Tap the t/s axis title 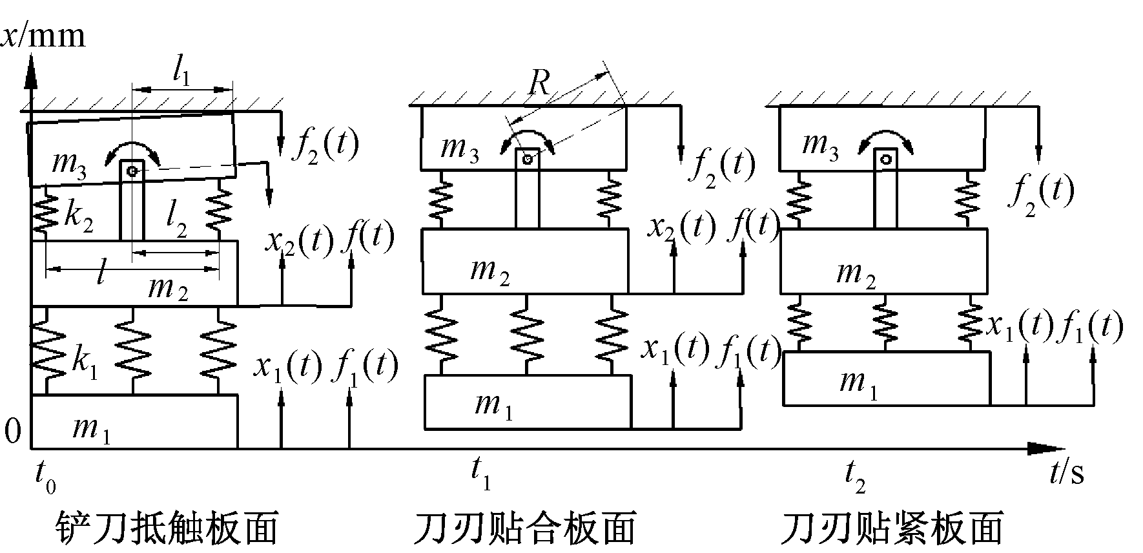pos(1066,473)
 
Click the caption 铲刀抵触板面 pos(166,527)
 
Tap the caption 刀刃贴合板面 pos(524,527)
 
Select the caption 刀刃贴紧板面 pos(892,527)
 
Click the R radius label pos(539,83)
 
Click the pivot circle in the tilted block pos(132,171)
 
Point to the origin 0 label pos(13,431)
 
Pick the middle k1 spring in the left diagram pos(133,351)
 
